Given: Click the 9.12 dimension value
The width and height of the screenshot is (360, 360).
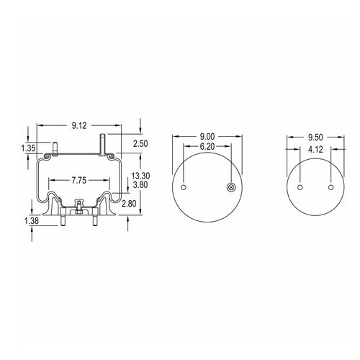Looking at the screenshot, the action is [79, 125].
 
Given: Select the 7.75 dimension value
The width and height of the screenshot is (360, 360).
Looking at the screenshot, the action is [79, 181].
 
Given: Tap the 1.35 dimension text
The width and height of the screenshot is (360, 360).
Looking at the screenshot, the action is [28, 148].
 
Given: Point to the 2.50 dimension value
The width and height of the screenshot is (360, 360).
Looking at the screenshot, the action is [140, 144].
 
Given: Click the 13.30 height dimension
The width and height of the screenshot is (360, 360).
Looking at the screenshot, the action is [140, 176].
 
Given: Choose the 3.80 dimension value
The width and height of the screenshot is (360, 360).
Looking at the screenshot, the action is [140, 185].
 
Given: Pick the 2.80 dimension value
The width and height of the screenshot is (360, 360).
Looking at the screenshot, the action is [129, 204].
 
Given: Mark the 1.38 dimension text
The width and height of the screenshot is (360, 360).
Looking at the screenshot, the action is [32, 221].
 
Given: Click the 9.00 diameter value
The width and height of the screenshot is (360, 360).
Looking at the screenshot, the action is [207, 137].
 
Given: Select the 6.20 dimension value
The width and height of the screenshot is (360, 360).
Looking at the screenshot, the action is [207, 146].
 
